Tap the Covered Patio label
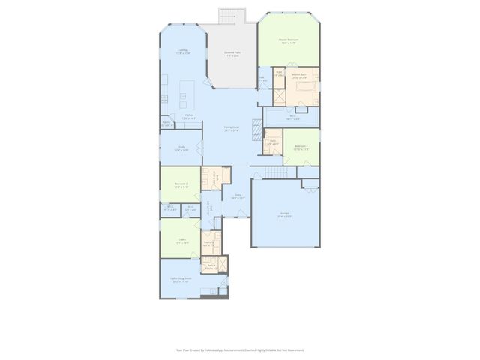coord(232,54)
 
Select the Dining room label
coord(182,52)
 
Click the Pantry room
coord(166,124)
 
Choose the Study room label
coord(181,148)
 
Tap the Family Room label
coord(232,129)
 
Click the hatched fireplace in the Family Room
coord(257,128)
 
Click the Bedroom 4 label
coord(301,147)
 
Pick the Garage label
coord(285,215)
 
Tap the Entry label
coord(237,196)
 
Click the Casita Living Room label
coord(180,279)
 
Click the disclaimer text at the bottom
coord(239,349)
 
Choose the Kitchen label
coord(189,115)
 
